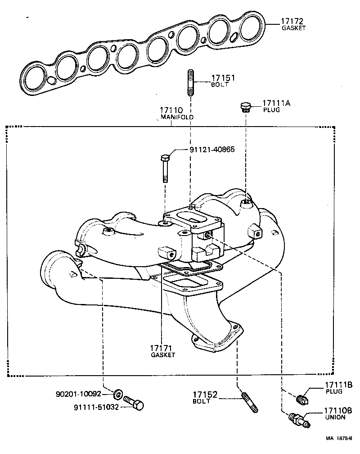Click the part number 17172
(293, 21)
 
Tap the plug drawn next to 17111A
(245, 107)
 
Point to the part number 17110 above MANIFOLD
(170, 110)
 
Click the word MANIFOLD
(177, 117)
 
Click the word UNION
(335, 418)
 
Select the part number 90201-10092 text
(82, 394)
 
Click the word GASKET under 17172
(294, 28)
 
